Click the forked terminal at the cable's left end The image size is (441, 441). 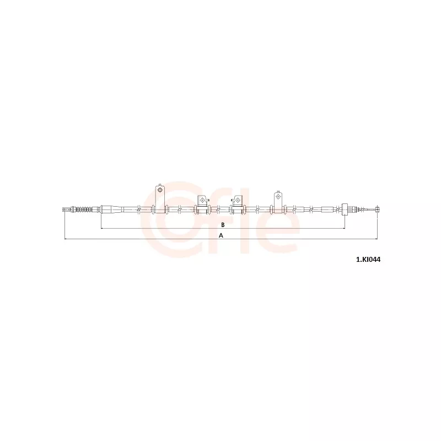66,209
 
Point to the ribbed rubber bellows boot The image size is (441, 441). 84,209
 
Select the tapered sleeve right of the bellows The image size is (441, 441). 112,209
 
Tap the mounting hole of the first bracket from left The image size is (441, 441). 160,190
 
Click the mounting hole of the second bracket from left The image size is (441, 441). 202,200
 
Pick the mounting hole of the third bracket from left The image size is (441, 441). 238,200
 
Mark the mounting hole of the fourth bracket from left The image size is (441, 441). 278,196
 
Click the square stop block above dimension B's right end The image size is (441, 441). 345,209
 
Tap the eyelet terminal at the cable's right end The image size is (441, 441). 378,209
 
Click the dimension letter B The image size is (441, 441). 223,225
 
